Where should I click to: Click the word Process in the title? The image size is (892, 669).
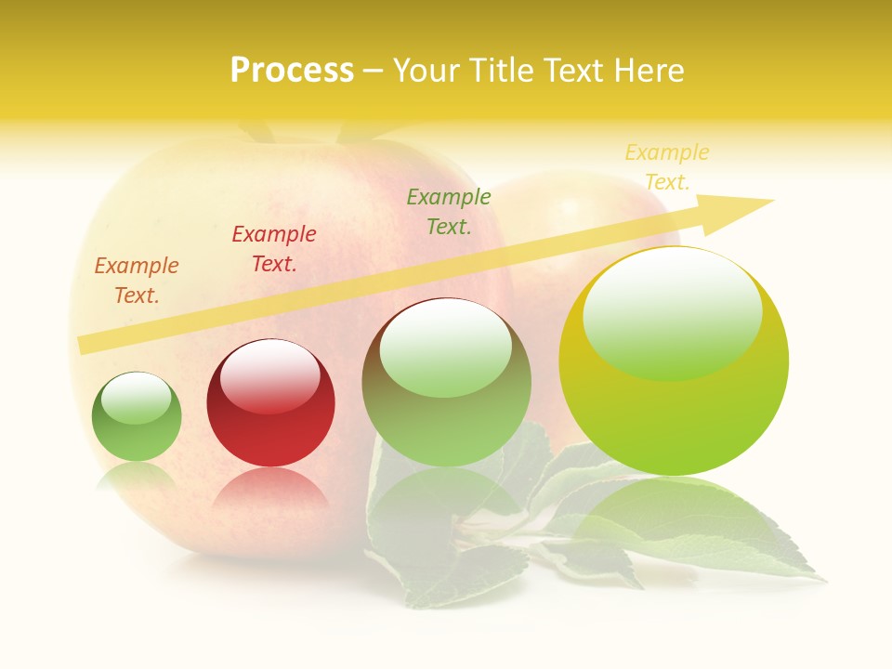[292, 71]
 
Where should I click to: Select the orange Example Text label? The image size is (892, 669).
[137, 281]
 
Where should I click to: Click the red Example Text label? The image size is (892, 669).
[274, 249]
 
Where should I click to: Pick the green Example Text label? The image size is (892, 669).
[449, 211]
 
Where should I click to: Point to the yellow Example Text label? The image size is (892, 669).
[667, 167]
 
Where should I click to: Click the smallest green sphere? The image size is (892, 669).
[137, 427]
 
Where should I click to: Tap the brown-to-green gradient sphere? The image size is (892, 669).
[447, 409]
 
